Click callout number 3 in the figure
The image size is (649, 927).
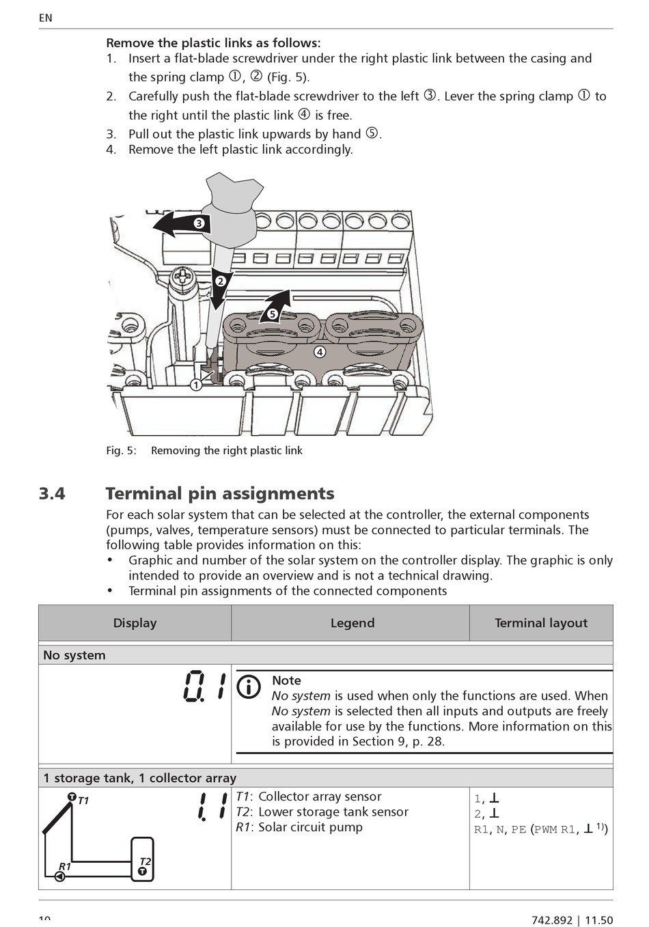(199, 223)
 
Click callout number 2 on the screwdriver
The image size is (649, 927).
(220, 281)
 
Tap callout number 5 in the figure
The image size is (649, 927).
(272, 314)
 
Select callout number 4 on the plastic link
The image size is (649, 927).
(319, 352)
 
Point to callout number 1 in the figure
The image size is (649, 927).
(195, 385)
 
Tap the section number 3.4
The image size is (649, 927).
(52, 494)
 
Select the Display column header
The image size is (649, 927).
(135, 623)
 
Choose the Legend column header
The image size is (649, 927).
(353, 623)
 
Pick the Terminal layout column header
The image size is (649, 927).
(541, 623)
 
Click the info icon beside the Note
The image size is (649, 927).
(249, 687)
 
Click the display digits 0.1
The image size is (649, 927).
(204, 686)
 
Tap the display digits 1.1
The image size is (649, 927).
(212, 807)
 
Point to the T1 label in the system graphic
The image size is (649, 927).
(83, 801)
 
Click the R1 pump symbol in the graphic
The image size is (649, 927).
(61, 876)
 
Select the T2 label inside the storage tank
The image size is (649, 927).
(145, 862)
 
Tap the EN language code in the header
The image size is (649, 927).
(45, 18)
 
